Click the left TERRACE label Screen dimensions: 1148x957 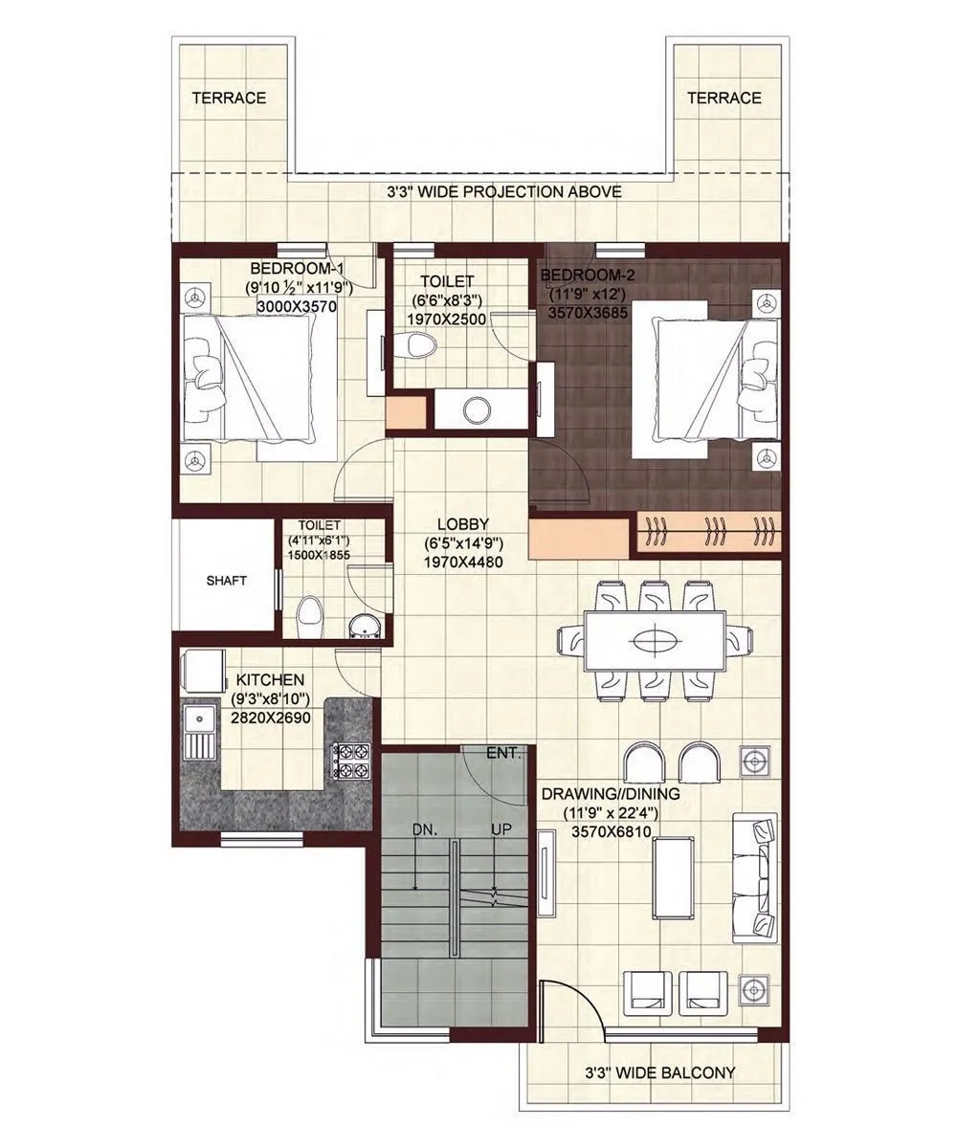(229, 98)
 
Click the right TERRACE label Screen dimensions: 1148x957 (723, 98)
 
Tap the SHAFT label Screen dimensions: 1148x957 (226, 581)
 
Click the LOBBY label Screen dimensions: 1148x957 (462, 524)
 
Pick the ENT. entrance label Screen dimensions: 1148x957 (503, 753)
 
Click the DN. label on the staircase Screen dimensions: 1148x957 (426, 830)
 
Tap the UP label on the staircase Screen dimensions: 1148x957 (501, 830)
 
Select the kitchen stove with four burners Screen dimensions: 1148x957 (348, 761)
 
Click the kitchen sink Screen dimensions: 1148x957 (200, 731)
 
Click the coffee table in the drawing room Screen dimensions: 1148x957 (678, 877)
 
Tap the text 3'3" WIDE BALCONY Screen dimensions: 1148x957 (660, 1072)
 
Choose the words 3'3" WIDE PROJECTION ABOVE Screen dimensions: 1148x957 (498, 192)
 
